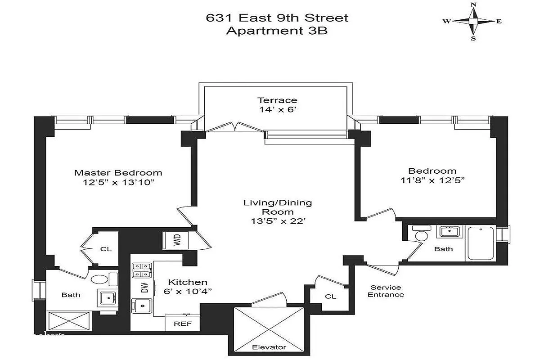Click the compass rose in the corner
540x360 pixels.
(473, 21)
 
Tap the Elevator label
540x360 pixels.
(269, 347)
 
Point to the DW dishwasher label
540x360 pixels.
(145, 288)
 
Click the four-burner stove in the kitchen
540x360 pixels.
(140, 270)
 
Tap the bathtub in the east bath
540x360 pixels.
(481, 243)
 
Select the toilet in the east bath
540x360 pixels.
(422, 234)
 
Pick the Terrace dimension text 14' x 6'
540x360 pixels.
(277, 109)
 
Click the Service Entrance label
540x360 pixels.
(386, 291)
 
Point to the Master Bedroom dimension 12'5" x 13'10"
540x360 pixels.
(118, 183)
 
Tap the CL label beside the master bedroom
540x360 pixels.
(106, 249)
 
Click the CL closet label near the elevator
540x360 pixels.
(330, 297)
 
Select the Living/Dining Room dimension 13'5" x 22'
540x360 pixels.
(277, 221)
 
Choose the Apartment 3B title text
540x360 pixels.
(277, 31)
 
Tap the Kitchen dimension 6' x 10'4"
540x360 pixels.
(188, 291)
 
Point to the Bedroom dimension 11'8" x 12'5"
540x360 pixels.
(432, 180)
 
